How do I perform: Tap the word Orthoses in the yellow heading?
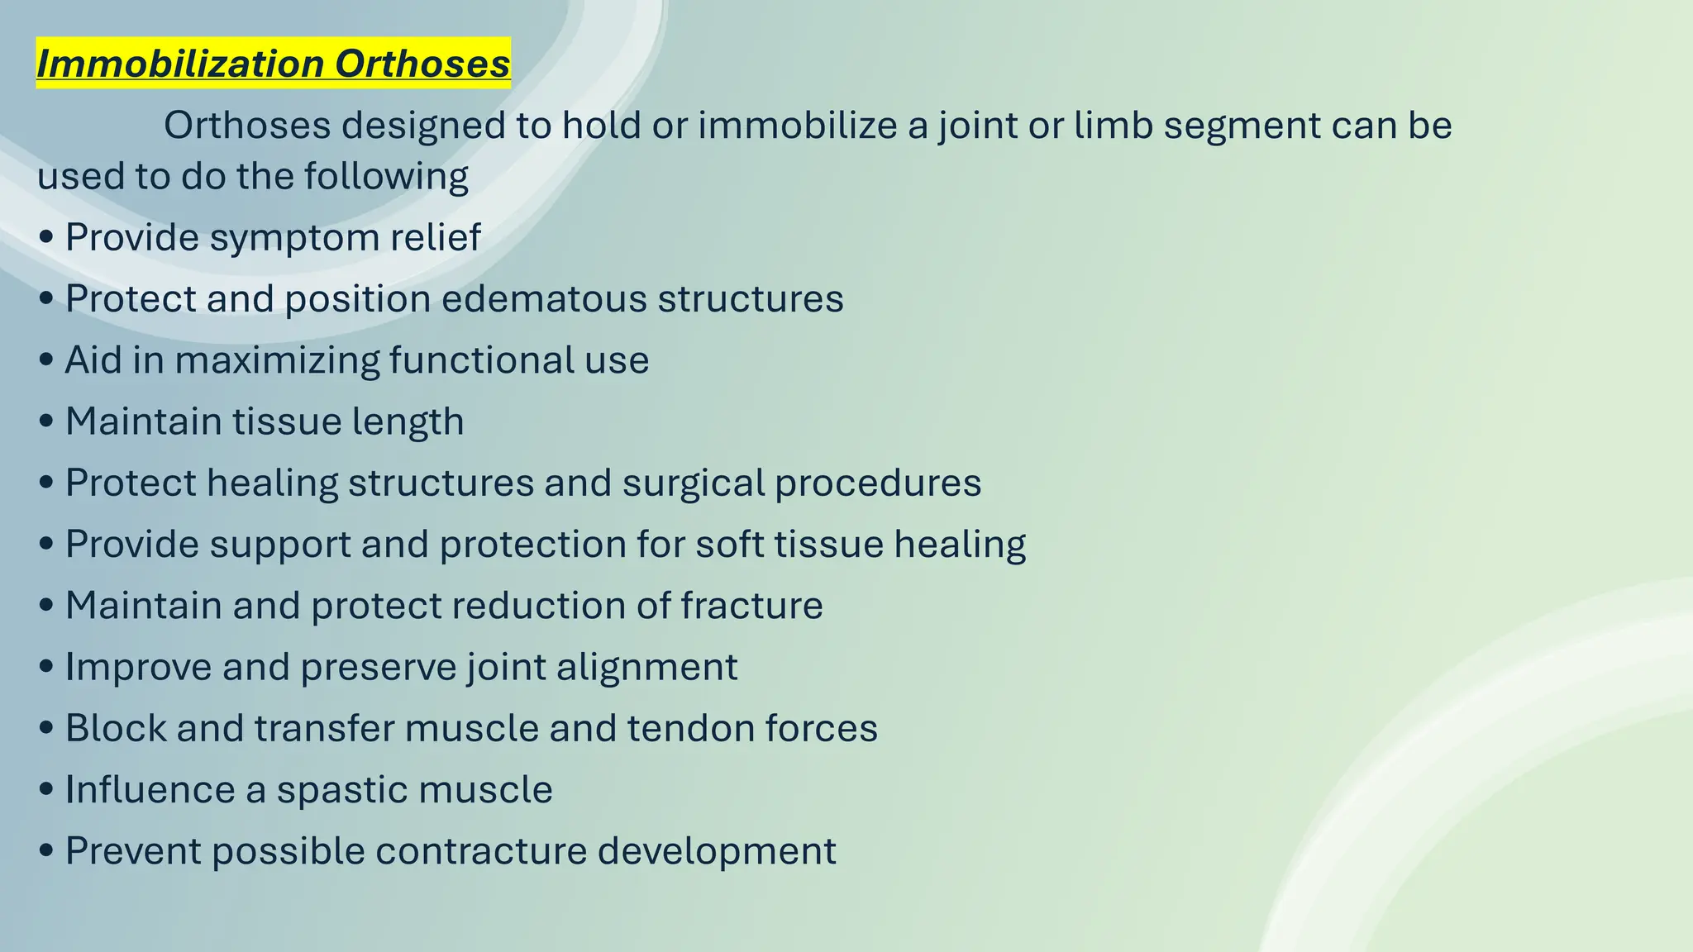tap(422, 64)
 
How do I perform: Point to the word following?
tap(385, 177)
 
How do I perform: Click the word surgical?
tap(693, 483)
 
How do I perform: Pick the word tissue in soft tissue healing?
tap(830, 544)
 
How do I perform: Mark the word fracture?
tap(751, 606)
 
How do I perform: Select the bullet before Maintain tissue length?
tap(47, 422)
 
